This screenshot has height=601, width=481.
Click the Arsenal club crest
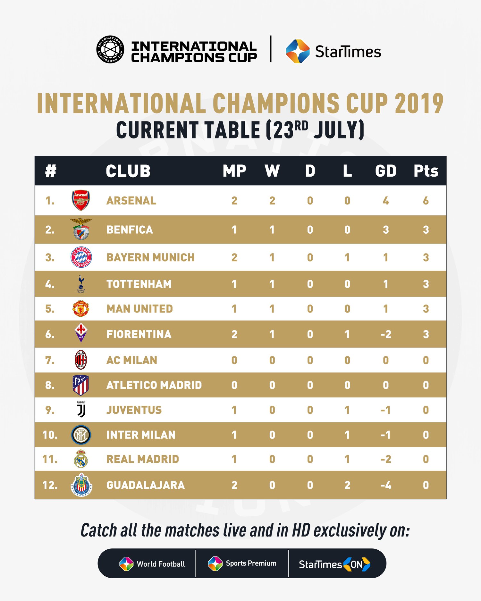(x=81, y=200)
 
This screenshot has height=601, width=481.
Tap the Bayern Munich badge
(x=81, y=257)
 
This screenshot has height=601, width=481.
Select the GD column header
(x=386, y=171)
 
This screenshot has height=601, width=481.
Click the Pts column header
(x=426, y=171)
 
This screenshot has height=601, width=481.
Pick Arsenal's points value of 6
(x=426, y=201)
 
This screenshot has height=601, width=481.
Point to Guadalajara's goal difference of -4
(x=386, y=485)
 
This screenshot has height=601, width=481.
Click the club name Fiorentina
(x=139, y=334)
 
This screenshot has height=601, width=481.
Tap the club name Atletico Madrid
(x=154, y=385)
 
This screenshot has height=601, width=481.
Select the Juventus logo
(x=81, y=409)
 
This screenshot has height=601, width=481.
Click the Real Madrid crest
(x=81, y=459)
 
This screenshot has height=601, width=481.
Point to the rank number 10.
(x=50, y=435)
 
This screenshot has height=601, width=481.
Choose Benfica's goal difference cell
(x=386, y=230)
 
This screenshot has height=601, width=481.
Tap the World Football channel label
(x=161, y=564)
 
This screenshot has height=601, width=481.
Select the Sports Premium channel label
(x=251, y=563)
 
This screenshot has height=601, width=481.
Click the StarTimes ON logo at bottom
(x=334, y=564)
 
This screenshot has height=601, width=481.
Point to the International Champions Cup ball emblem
(x=110, y=49)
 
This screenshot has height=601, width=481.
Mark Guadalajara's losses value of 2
(x=347, y=485)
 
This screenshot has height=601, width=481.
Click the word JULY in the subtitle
(x=339, y=130)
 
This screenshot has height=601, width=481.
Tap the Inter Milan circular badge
(x=81, y=435)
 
